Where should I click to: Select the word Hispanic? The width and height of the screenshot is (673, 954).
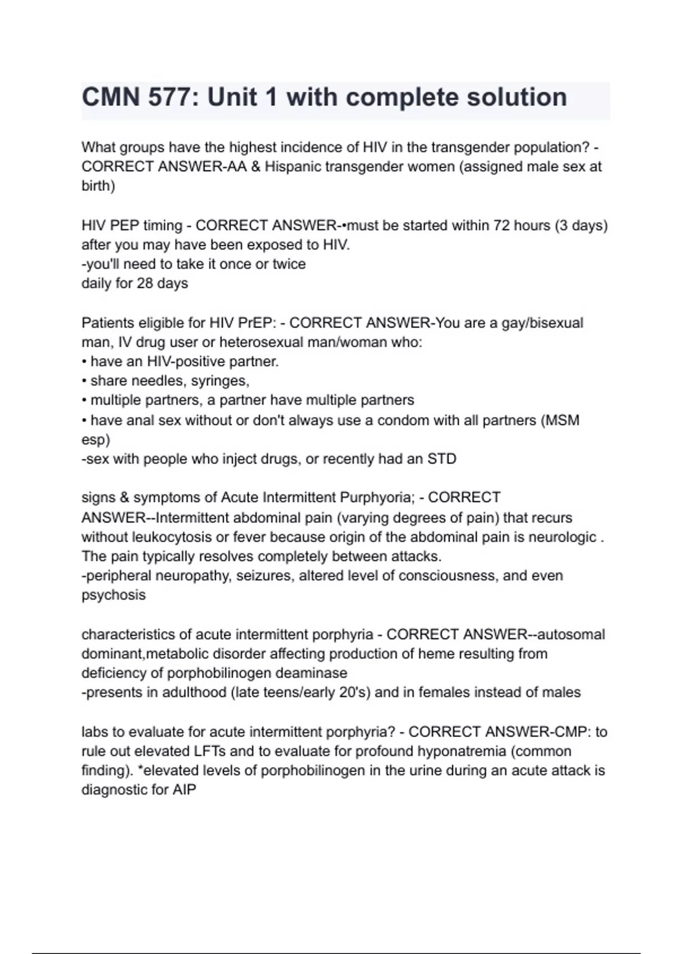pos(294,167)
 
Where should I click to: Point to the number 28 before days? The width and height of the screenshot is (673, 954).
pos(145,283)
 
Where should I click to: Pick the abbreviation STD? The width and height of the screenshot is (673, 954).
pos(442,459)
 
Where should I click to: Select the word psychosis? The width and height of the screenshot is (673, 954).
pos(113,595)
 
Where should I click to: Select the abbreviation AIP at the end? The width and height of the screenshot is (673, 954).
pos(184,790)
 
